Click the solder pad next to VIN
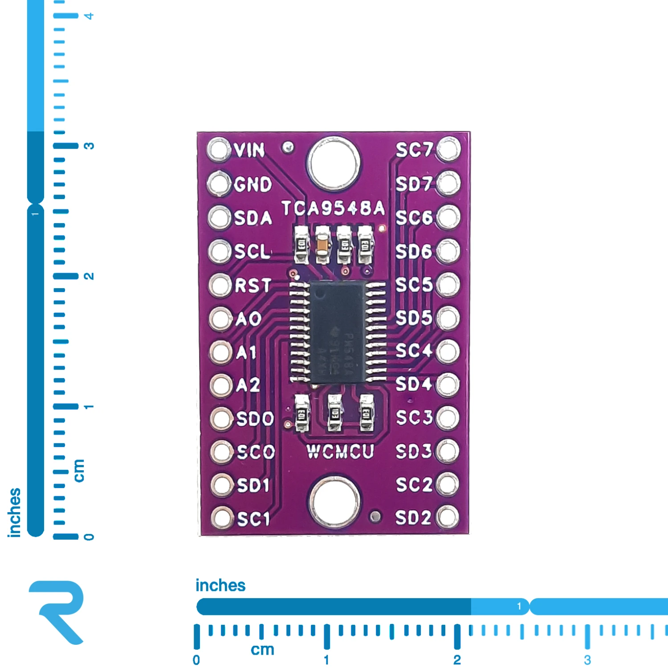click(218, 149)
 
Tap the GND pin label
click(253, 184)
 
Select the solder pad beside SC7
click(448, 149)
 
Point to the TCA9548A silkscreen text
click(333, 208)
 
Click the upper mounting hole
click(334, 163)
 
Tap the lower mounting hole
click(334, 501)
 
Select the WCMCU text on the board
click(340, 452)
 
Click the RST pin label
click(253, 285)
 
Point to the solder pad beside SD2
click(448, 517)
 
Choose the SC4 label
click(414, 351)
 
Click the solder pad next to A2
click(221, 385)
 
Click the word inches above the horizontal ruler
click(220, 585)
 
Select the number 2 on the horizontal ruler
click(457, 660)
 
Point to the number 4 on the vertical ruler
click(89, 16)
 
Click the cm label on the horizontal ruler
click(262, 650)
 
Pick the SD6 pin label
click(414, 252)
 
